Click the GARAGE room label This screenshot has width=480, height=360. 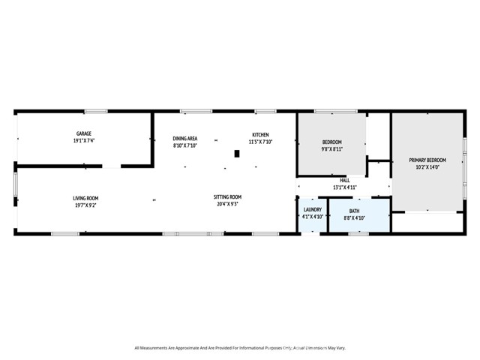(x=83, y=133)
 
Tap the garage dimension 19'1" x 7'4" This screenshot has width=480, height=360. (x=83, y=140)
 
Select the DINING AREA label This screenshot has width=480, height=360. (x=184, y=139)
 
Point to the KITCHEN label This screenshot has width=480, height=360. (x=259, y=135)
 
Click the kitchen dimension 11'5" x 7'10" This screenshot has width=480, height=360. (x=259, y=142)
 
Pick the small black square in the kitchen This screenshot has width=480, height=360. (x=237, y=154)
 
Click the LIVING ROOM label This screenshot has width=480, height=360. (x=85, y=198)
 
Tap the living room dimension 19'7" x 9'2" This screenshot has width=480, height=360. (x=85, y=205)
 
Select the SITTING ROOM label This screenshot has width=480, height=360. (x=228, y=197)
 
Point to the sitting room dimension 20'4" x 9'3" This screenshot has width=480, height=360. (x=228, y=204)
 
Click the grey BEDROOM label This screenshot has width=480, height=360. (x=331, y=142)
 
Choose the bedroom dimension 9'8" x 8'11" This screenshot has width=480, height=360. (x=331, y=149)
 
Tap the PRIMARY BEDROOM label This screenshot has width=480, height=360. (x=427, y=160)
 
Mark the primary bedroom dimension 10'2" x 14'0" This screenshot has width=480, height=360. (x=427, y=167)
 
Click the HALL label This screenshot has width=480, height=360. (x=344, y=180)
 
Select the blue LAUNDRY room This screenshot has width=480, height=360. (x=311, y=213)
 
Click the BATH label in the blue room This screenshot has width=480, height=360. (x=353, y=211)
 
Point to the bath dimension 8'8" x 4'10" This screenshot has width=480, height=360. (x=353, y=217)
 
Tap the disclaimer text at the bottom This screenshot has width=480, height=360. (x=240, y=347)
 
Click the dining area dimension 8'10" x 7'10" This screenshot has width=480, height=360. (x=184, y=145)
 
